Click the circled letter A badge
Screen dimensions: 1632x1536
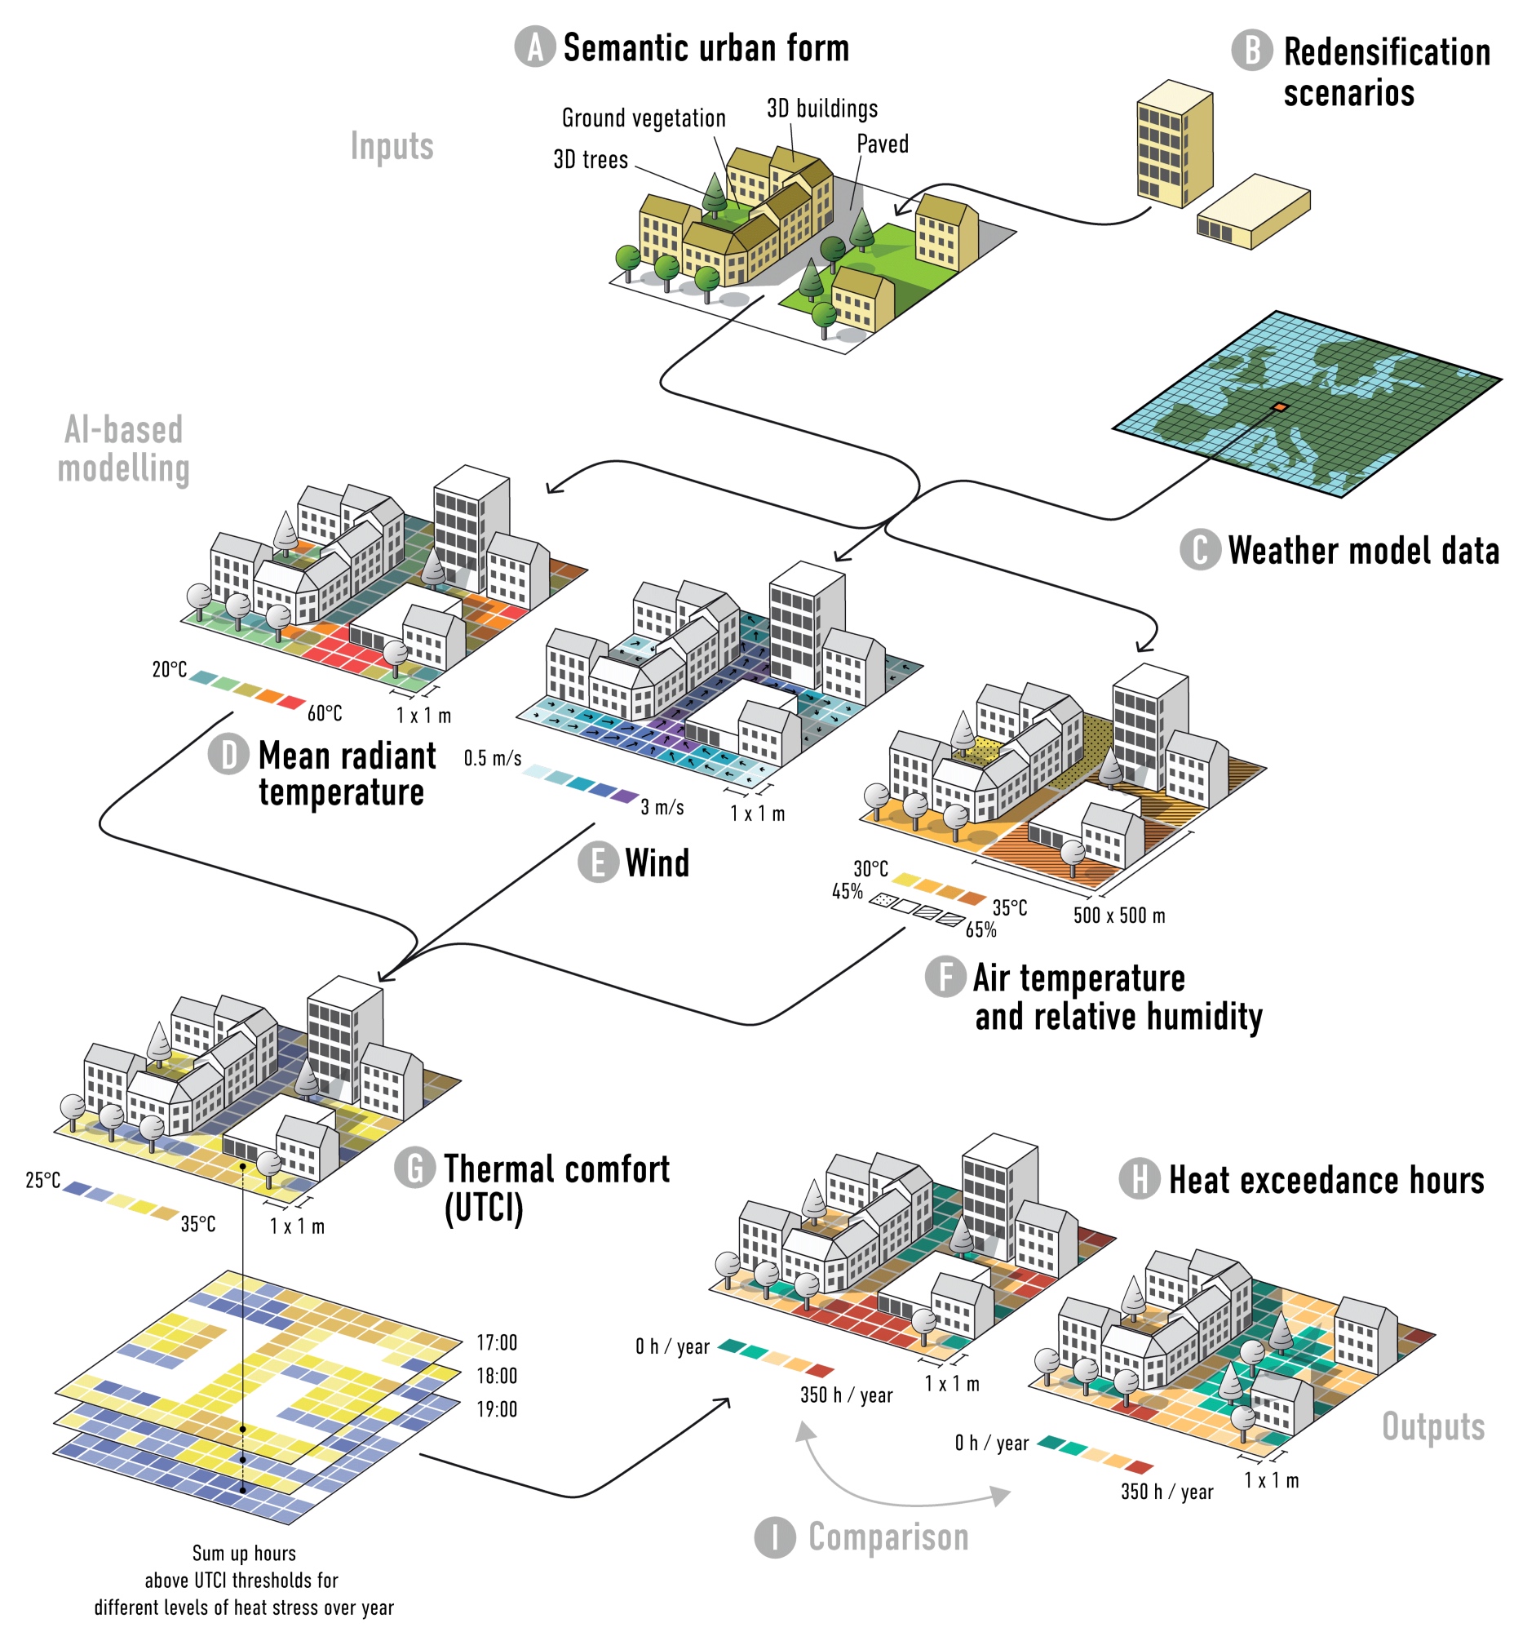point(535,47)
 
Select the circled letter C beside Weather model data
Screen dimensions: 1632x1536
point(1200,550)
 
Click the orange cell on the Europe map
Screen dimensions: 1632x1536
point(1279,407)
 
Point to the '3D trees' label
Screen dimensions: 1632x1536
point(590,159)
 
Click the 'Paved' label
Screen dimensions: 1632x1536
point(882,144)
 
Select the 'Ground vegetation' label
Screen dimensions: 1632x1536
point(644,118)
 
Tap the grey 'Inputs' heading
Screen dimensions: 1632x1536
point(392,146)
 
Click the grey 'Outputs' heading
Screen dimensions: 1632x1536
point(1432,1426)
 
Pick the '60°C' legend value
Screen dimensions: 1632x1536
point(325,712)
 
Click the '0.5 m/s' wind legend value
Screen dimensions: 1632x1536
point(493,758)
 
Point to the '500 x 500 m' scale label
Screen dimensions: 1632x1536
point(1119,916)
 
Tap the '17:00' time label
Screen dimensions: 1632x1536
point(497,1342)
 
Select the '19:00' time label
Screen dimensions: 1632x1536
point(497,1408)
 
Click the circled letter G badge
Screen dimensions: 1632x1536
point(415,1169)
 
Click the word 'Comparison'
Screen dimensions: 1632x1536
point(888,1537)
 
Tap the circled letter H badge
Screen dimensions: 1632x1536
point(1140,1179)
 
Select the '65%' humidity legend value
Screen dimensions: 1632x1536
point(981,930)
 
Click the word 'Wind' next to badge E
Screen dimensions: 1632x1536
point(657,863)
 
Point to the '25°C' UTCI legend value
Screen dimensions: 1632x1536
point(42,1181)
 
